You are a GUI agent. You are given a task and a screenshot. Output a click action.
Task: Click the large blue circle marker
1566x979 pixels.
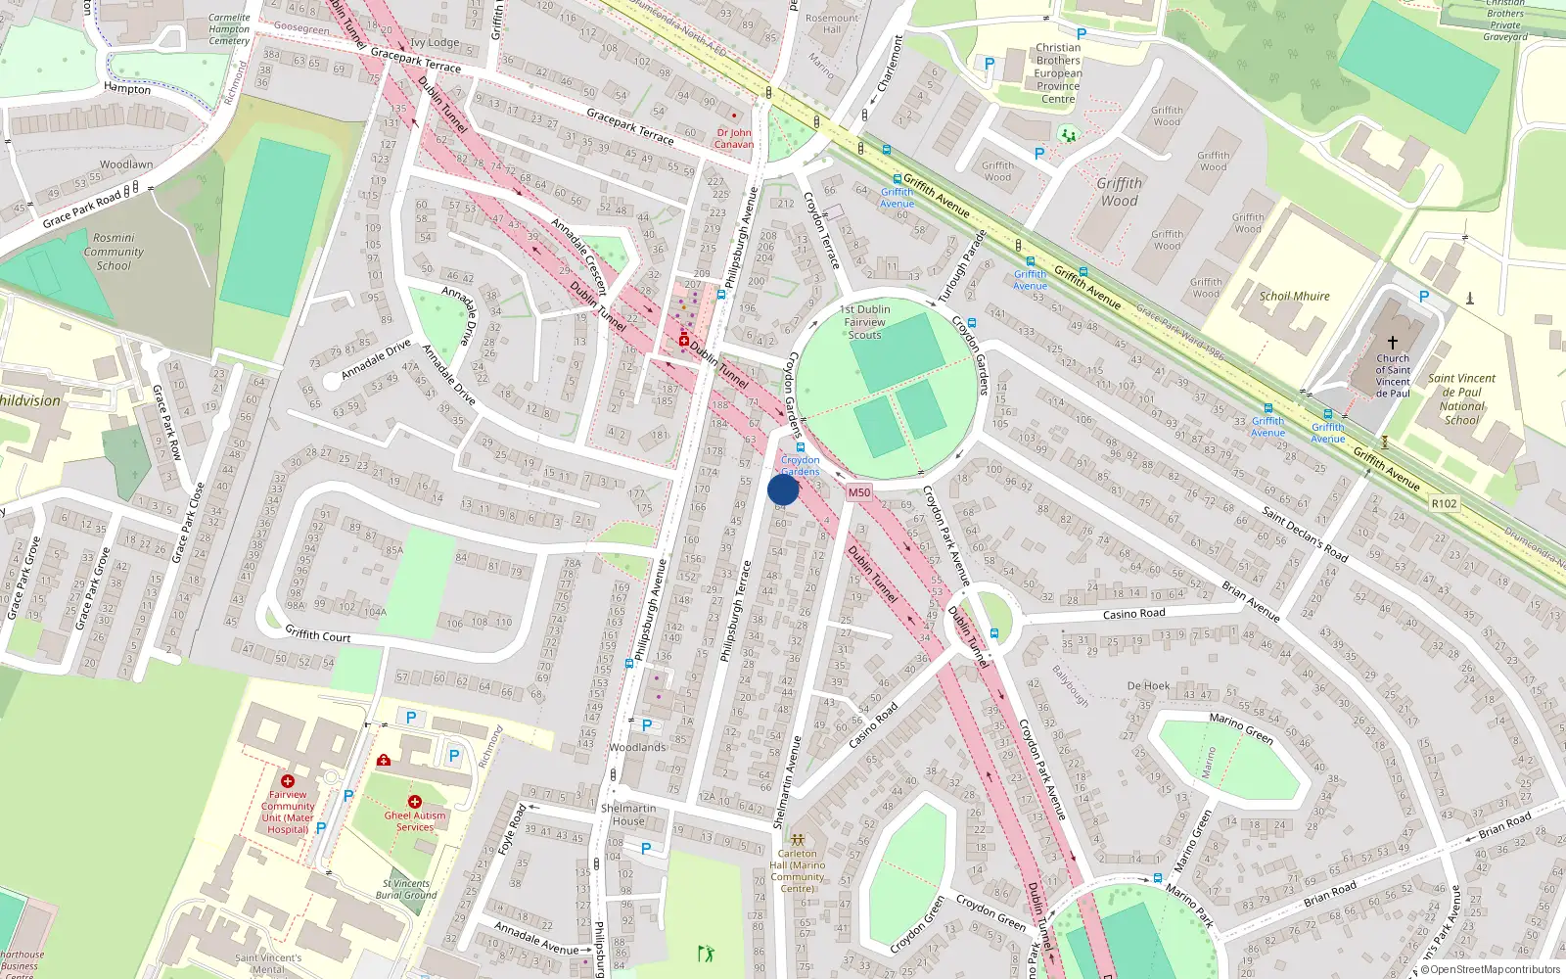783,489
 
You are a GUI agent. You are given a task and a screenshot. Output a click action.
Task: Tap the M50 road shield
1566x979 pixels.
858,492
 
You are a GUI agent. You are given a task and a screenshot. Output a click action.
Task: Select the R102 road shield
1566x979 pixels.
1444,503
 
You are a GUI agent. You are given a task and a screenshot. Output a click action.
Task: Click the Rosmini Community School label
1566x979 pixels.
114,252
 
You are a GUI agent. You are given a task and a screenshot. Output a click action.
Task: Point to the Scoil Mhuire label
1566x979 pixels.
1294,296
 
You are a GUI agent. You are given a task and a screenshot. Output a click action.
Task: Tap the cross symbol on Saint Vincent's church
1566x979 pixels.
1393,343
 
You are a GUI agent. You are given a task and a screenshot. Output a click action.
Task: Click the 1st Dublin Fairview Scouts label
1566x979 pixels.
865,321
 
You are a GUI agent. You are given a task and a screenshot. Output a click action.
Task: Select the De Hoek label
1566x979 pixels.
1148,686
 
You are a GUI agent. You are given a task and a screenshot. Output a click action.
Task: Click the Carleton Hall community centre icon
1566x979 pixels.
798,840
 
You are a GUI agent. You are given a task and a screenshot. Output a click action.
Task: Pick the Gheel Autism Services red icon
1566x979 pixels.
414,802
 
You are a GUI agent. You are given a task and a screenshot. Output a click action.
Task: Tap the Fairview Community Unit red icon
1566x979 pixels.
288,781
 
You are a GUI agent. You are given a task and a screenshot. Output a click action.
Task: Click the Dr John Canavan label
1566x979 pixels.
733,138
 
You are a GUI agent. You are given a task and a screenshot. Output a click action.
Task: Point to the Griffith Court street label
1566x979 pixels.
318,635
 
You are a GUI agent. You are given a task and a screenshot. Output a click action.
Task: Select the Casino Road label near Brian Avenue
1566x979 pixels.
1133,614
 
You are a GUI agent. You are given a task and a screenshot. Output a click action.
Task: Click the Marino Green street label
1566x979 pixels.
1240,727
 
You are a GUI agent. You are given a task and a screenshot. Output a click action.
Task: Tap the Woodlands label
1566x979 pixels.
637,747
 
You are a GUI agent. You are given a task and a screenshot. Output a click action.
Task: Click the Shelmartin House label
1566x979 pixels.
628,815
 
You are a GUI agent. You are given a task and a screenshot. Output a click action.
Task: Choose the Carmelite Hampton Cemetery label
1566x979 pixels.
229,29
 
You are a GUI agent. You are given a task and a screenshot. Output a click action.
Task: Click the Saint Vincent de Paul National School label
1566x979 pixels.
1461,398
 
